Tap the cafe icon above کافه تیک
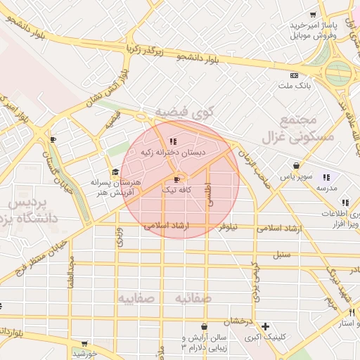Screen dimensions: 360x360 click(x=176, y=179)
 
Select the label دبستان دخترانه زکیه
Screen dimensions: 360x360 click(x=174, y=152)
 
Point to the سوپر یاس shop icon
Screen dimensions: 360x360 click(x=297, y=166)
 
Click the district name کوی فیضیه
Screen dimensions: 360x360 click(x=184, y=111)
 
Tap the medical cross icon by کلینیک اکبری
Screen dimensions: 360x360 click(x=265, y=326)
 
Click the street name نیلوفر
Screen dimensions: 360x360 click(x=228, y=227)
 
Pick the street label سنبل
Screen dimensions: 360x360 click(x=281, y=253)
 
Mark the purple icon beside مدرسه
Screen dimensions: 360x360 click(x=326, y=177)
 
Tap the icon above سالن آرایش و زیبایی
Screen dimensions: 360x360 click(x=204, y=327)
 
